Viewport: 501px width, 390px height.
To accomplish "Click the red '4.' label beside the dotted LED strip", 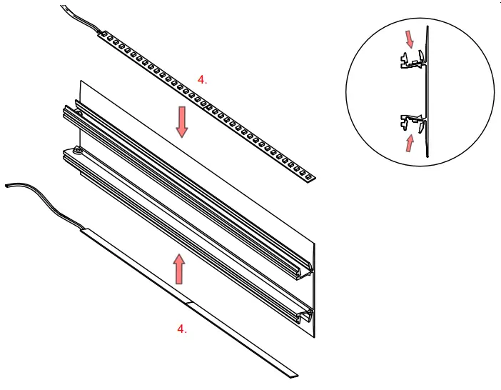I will [203, 81].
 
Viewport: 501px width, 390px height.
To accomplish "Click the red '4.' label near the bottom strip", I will [182, 329].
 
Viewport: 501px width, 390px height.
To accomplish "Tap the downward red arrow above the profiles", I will [182, 121].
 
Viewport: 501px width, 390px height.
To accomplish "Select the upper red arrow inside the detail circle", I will [408, 39].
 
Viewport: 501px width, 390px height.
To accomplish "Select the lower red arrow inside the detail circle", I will [408, 144].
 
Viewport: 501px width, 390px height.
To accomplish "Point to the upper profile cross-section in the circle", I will [410, 63].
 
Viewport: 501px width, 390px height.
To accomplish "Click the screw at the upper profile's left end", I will [78, 112].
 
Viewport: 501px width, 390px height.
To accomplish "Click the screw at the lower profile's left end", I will [76, 151].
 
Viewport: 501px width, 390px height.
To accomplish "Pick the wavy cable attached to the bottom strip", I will [43, 201].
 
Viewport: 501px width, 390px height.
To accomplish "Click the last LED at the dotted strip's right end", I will [308, 174].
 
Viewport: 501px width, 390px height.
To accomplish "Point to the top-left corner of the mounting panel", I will [80, 81].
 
